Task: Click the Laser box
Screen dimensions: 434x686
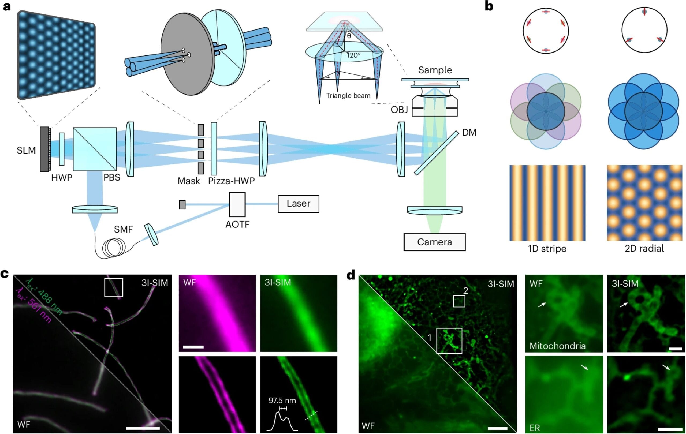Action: click(298, 204)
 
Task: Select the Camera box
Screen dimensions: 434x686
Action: click(434, 242)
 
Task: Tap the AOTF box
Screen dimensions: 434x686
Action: click(237, 204)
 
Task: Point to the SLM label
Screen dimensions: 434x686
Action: click(26, 150)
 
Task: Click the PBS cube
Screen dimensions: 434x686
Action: click(95, 149)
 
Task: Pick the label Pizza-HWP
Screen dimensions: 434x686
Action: click(231, 181)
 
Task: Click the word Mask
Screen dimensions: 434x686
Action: click(189, 181)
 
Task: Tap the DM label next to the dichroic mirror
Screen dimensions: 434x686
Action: click(469, 133)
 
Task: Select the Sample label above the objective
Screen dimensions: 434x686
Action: click(435, 70)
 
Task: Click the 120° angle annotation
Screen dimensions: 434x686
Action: click(353, 55)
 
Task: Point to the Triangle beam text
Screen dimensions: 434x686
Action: click(348, 96)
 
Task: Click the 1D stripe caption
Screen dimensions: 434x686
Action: click(547, 249)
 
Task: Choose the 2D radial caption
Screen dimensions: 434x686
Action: click(644, 249)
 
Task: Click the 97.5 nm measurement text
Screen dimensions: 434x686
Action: click(282, 401)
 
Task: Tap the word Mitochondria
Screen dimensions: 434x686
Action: click(557, 346)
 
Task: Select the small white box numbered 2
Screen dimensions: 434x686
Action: click(459, 301)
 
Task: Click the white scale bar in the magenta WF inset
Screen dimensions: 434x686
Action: click(193, 347)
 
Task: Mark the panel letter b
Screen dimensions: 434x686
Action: click(489, 6)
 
